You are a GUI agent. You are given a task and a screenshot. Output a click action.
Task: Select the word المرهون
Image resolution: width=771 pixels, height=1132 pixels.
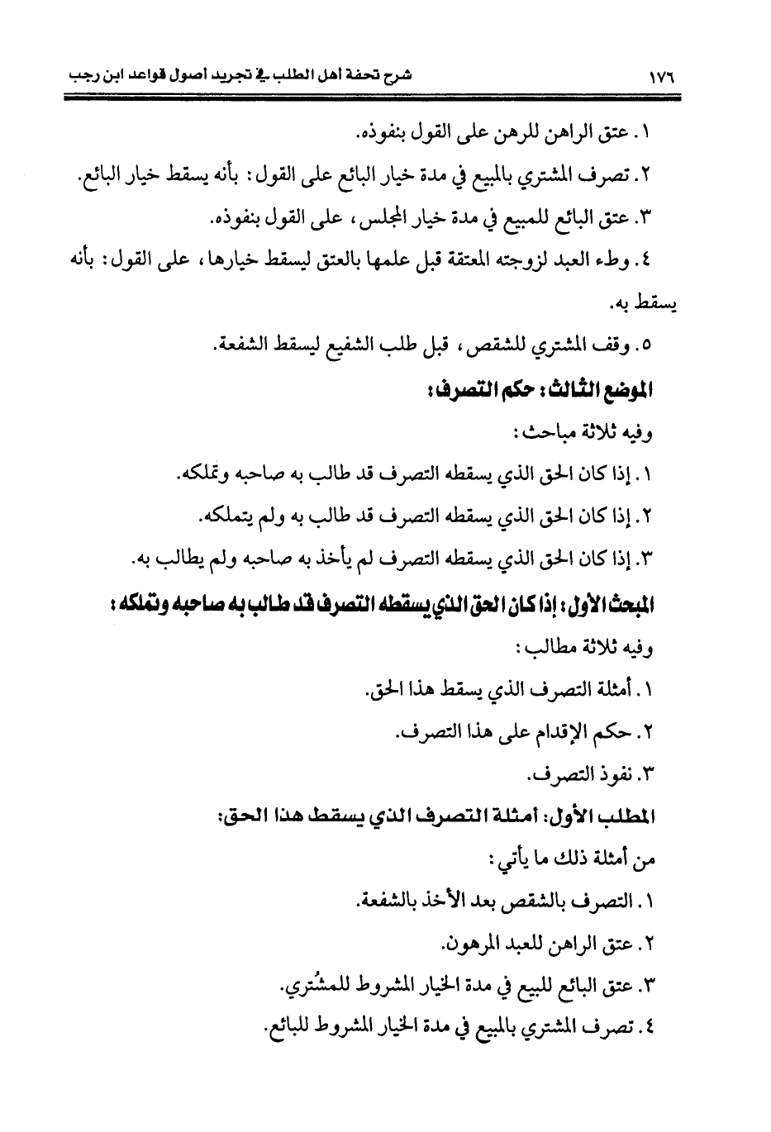tap(470, 944)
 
